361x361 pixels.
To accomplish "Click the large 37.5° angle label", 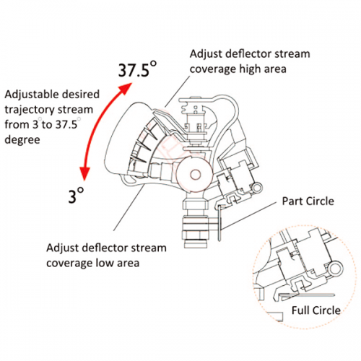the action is (137, 69).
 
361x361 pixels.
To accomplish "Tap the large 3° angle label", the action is (76, 195).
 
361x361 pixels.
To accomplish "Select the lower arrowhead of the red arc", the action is (84, 173).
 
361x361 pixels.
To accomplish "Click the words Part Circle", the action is (308, 201).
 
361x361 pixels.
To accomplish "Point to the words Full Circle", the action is (316, 310).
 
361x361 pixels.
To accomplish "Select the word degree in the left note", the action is (22, 140).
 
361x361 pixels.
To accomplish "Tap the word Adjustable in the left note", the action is (27, 95).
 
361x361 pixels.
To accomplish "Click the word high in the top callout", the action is (250, 69).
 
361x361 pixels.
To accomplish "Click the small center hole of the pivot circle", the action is (195, 175).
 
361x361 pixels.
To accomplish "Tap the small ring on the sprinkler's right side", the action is (257, 188).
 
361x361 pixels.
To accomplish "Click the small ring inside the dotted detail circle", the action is (335, 269).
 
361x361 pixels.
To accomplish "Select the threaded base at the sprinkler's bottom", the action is (196, 232).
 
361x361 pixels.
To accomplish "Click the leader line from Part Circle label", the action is (248, 215).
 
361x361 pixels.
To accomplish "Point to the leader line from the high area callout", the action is (178, 92).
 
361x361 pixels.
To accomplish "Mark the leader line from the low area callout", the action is (129, 207).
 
